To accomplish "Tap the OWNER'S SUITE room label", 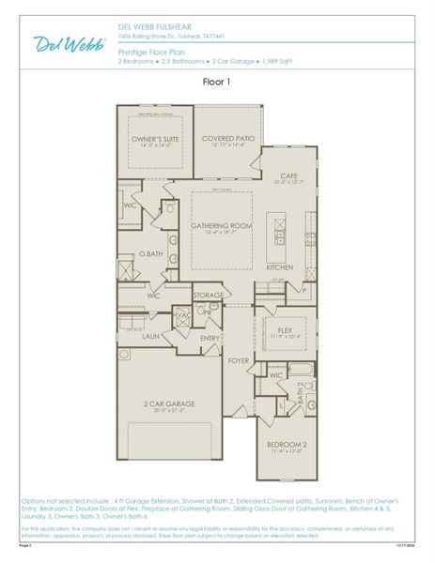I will pos(154,140).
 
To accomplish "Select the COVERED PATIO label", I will pos(227,140).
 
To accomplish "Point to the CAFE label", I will pos(288,176).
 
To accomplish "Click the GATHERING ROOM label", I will pos(222,226).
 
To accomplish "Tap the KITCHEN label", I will pos(280,267).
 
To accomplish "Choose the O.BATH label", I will pos(151,254).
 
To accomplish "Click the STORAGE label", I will pos(209,296).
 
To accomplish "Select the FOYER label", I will pos(239,359).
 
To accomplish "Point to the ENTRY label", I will pos(210,339).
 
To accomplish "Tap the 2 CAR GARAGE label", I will pos(169,405).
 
